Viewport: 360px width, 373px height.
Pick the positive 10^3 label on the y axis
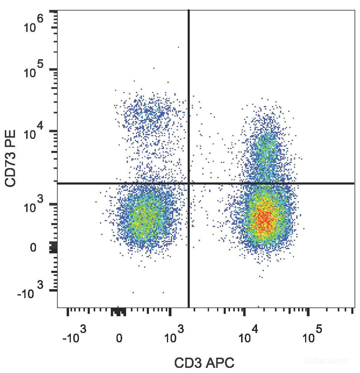(x=34, y=203)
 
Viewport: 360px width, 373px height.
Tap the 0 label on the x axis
(x=119, y=339)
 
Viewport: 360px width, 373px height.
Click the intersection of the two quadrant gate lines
(x=189, y=183)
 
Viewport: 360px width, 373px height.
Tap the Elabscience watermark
(x=326, y=360)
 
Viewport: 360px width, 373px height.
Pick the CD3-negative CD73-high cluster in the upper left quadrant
(x=149, y=114)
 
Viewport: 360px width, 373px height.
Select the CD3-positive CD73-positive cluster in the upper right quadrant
(x=264, y=147)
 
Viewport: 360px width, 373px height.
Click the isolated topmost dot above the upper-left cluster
(x=178, y=47)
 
